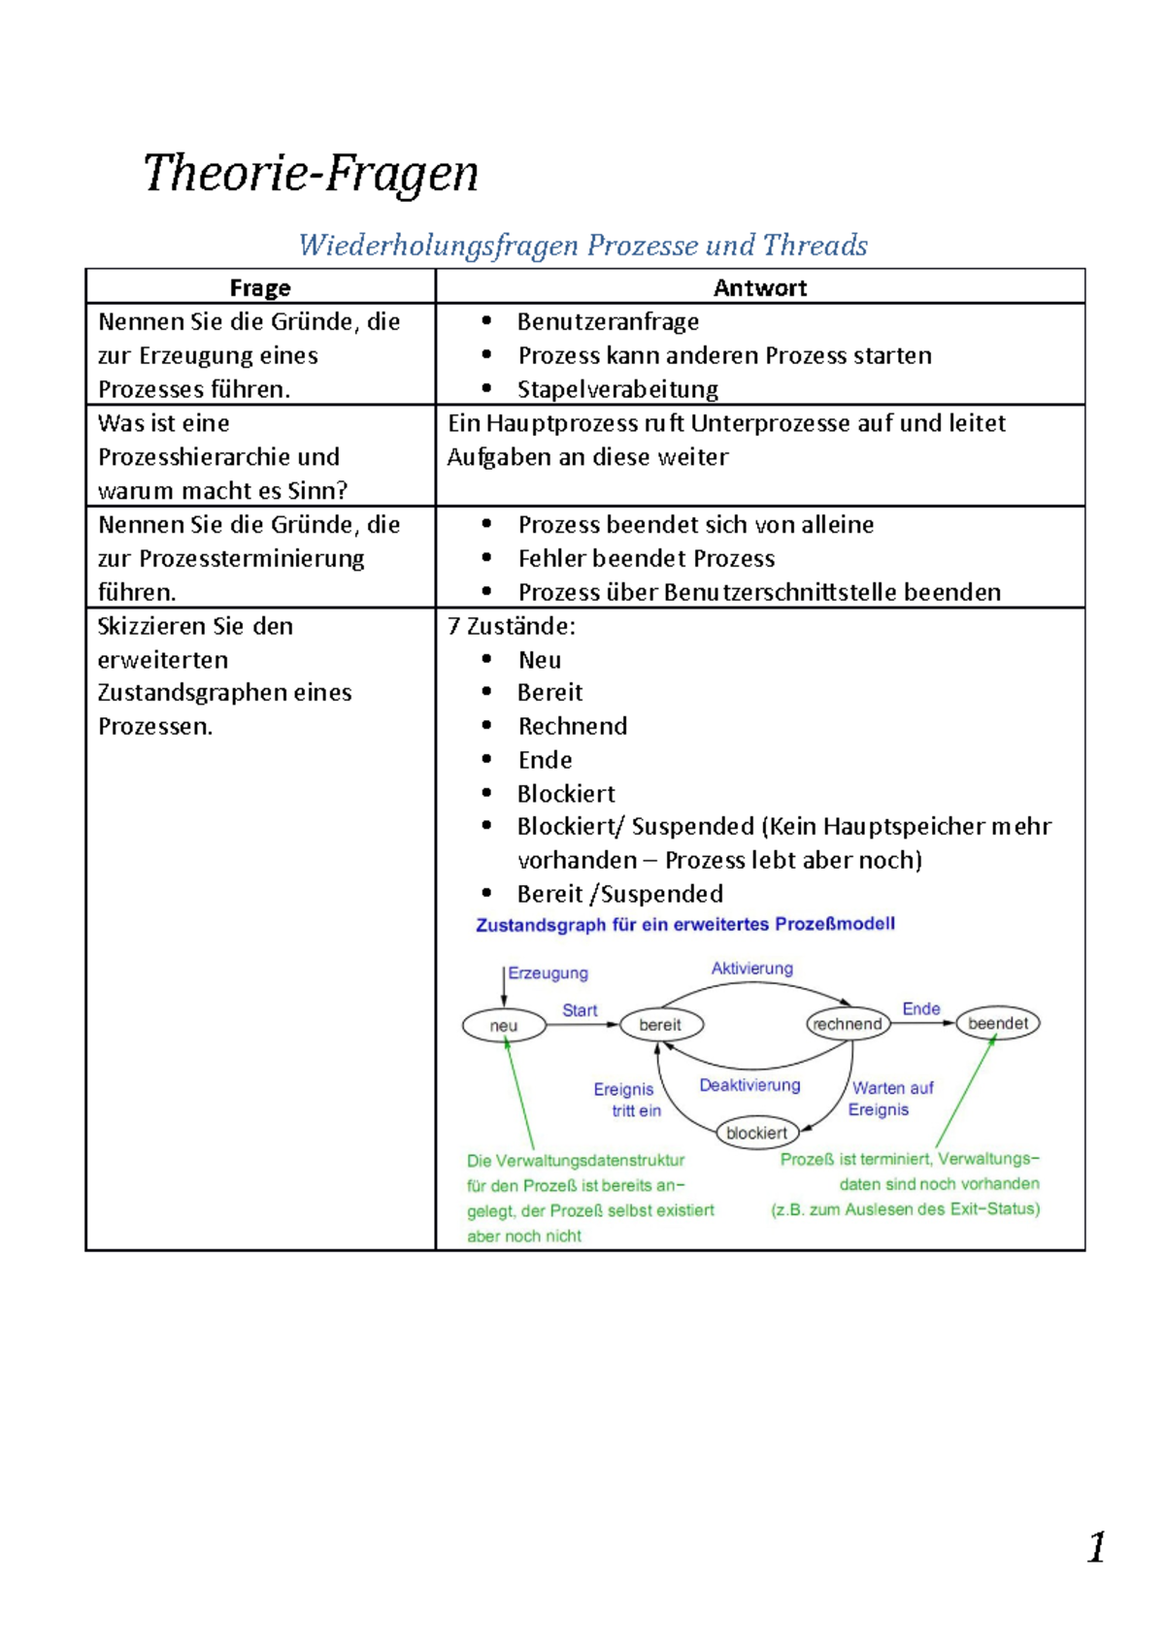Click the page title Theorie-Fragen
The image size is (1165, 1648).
coord(311,174)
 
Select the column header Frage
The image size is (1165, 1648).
coord(260,288)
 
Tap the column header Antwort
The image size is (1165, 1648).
coord(760,288)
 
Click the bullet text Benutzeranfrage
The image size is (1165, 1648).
coord(608,321)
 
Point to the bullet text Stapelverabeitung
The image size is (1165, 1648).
coord(617,389)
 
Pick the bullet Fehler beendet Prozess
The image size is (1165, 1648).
coord(647,558)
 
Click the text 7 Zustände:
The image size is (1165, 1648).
coord(512,626)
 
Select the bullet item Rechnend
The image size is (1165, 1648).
coord(573,726)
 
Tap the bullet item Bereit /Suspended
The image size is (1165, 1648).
coord(620,894)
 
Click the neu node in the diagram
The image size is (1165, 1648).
coord(504,1026)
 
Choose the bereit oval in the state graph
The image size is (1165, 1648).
coord(661,1025)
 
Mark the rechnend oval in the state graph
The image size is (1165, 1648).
coord(848,1024)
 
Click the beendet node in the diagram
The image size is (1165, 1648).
coord(998,1023)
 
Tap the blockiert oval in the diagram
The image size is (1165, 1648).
coord(757,1133)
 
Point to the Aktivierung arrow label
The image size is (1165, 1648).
coord(752,969)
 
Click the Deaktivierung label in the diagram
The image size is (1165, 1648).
coord(749,1085)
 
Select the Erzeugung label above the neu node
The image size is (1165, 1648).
coord(549,973)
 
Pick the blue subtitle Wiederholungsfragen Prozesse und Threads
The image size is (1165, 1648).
coord(582,246)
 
